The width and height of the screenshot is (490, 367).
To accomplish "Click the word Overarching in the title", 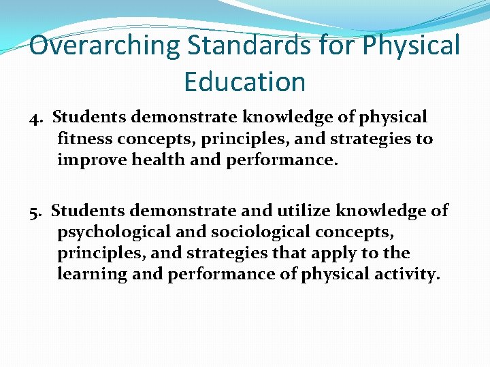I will pyautogui.click(x=105, y=46).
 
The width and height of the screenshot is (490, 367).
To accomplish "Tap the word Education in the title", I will pyautogui.click(x=244, y=82).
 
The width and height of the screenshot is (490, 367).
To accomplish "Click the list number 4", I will pyautogui.click(x=35, y=118).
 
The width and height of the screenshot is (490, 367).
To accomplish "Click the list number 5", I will pyautogui.click(x=35, y=211).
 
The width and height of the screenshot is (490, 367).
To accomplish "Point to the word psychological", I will pyautogui.click(x=114, y=232).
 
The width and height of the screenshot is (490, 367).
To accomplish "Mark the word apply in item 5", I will pyautogui.click(x=352, y=254).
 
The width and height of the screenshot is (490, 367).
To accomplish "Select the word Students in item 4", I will pyautogui.click(x=89, y=118).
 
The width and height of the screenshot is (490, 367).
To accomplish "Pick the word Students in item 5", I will pyautogui.click(x=88, y=211).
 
